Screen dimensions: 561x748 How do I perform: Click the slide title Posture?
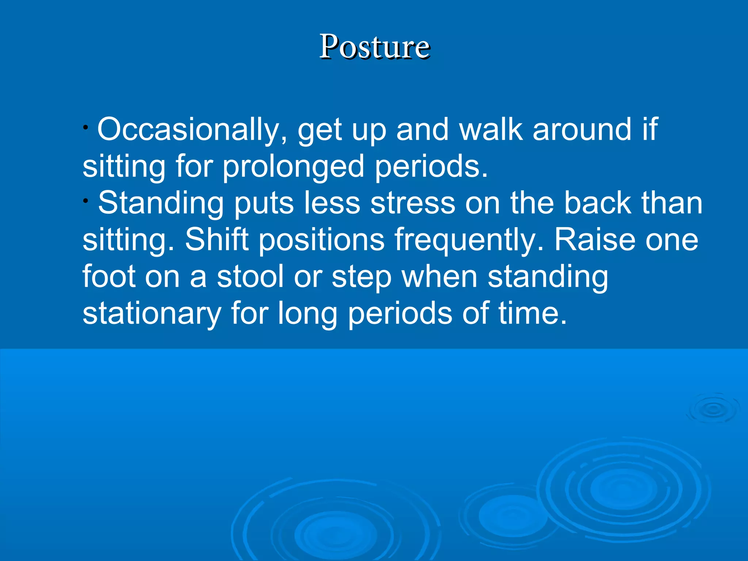375,47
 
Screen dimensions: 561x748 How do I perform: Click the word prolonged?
293,167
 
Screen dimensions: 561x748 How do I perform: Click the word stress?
413,203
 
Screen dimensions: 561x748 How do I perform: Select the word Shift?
217,240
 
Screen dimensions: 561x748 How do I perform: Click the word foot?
109,276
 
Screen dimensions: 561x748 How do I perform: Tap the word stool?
250,276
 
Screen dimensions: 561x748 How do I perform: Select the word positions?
321,240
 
